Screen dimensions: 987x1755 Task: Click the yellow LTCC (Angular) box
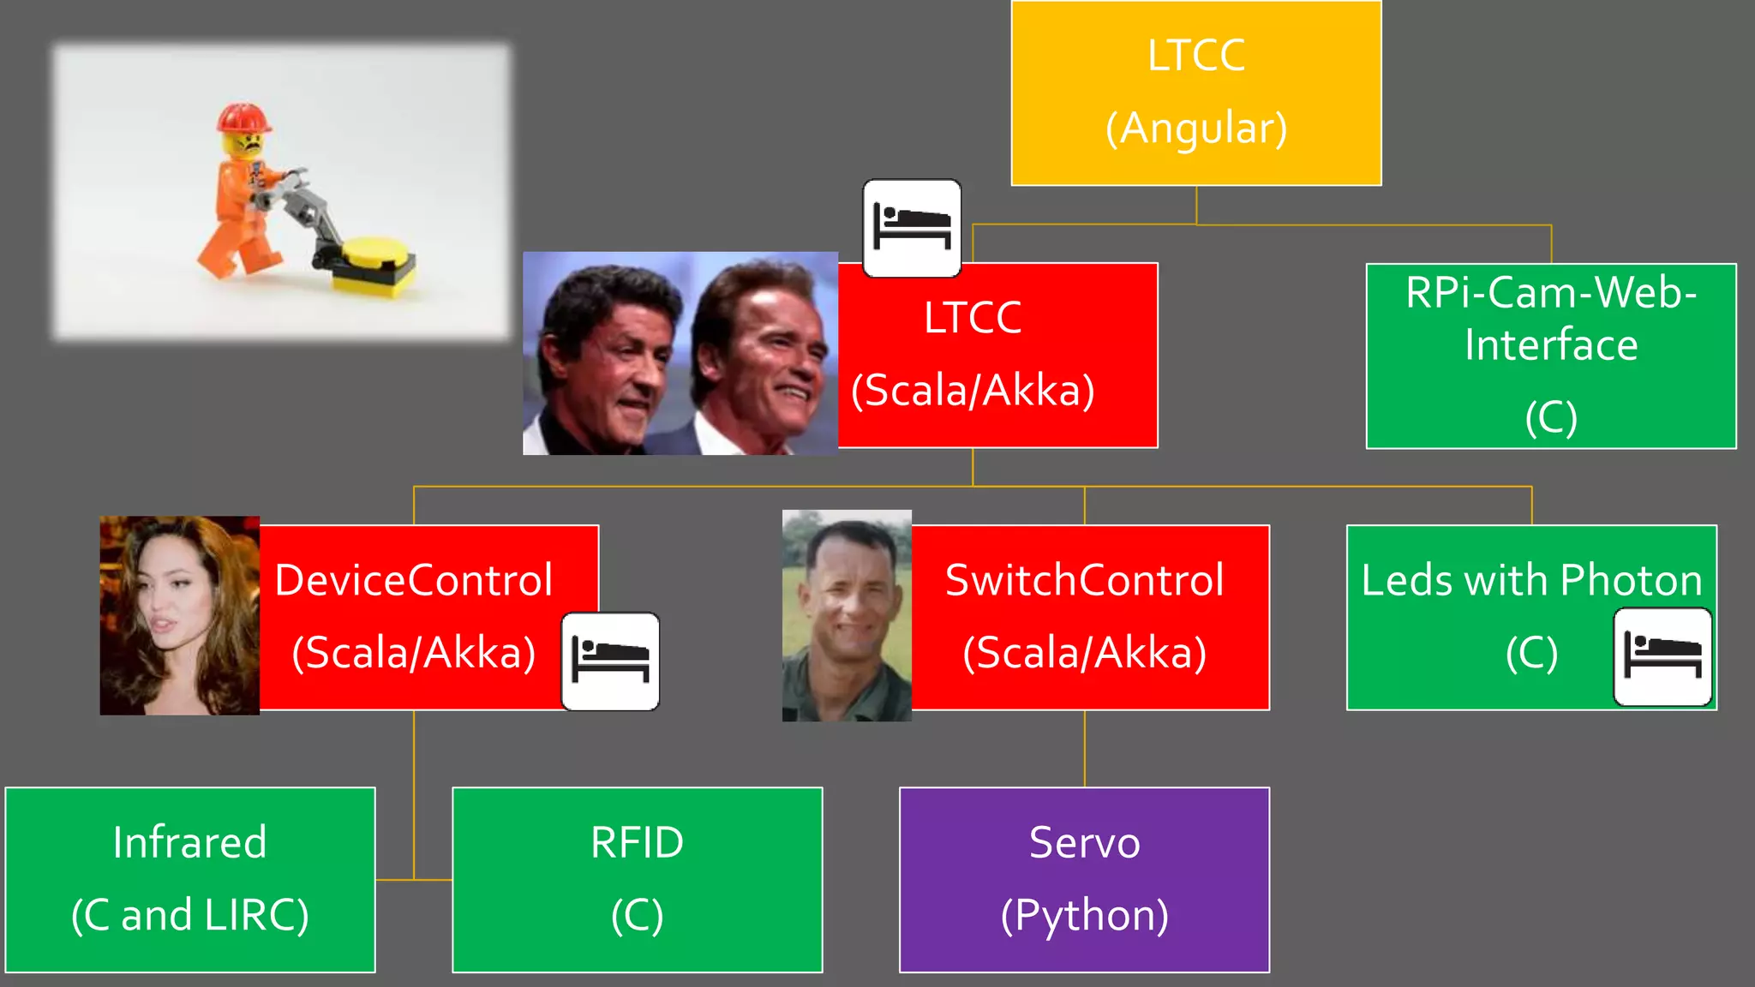click(1195, 93)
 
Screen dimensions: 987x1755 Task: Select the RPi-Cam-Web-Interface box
click(1550, 356)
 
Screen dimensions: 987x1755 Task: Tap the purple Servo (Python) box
click(1084, 879)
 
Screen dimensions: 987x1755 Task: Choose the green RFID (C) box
click(637, 879)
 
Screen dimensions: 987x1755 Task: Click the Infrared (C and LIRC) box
click(189, 879)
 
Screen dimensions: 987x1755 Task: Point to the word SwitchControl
click(1084, 580)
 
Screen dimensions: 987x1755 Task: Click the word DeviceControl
click(413, 580)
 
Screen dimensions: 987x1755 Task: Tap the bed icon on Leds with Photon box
click(1662, 657)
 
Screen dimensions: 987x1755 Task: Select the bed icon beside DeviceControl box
click(610, 661)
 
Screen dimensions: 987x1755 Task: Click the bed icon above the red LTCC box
click(911, 228)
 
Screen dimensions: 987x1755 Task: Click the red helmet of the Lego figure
click(243, 117)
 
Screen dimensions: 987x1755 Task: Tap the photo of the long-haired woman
click(179, 615)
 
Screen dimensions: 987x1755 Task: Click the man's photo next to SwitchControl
click(846, 615)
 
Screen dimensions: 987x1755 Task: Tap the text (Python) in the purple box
click(1084, 915)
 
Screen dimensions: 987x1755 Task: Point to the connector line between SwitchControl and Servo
click(1084, 748)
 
